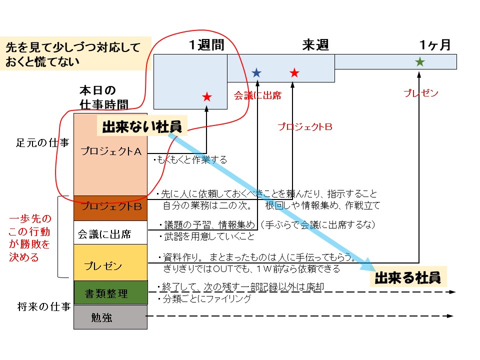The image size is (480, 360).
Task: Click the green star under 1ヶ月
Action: (420, 62)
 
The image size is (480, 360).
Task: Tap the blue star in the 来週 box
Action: (256, 73)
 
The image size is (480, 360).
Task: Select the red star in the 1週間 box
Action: (207, 97)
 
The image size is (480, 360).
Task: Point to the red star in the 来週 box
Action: (294, 73)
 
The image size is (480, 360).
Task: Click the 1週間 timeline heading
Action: (206, 45)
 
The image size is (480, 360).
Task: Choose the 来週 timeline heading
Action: (315, 45)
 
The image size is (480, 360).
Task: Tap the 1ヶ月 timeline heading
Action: (435, 45)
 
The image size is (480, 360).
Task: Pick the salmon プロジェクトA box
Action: (110, 154)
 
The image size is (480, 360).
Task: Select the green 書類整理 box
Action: (110, 293)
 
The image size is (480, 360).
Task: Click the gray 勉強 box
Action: (110, 317)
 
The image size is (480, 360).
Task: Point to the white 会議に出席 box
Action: (110, 233)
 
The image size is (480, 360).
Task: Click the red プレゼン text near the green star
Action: (421, 93)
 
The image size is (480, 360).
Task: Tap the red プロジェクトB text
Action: (305, 127)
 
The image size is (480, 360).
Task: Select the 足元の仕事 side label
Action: (42, 142)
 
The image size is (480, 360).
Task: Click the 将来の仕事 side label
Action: (42, 306)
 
